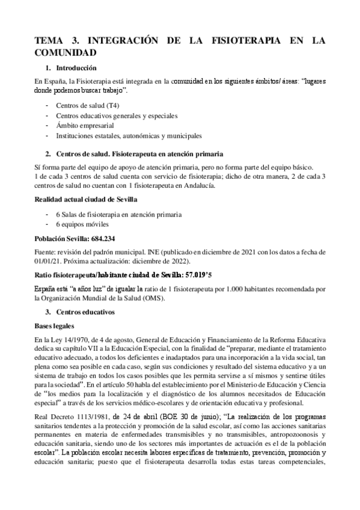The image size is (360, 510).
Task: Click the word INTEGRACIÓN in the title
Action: [124, 41]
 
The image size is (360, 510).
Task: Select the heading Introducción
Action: [78, 69]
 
